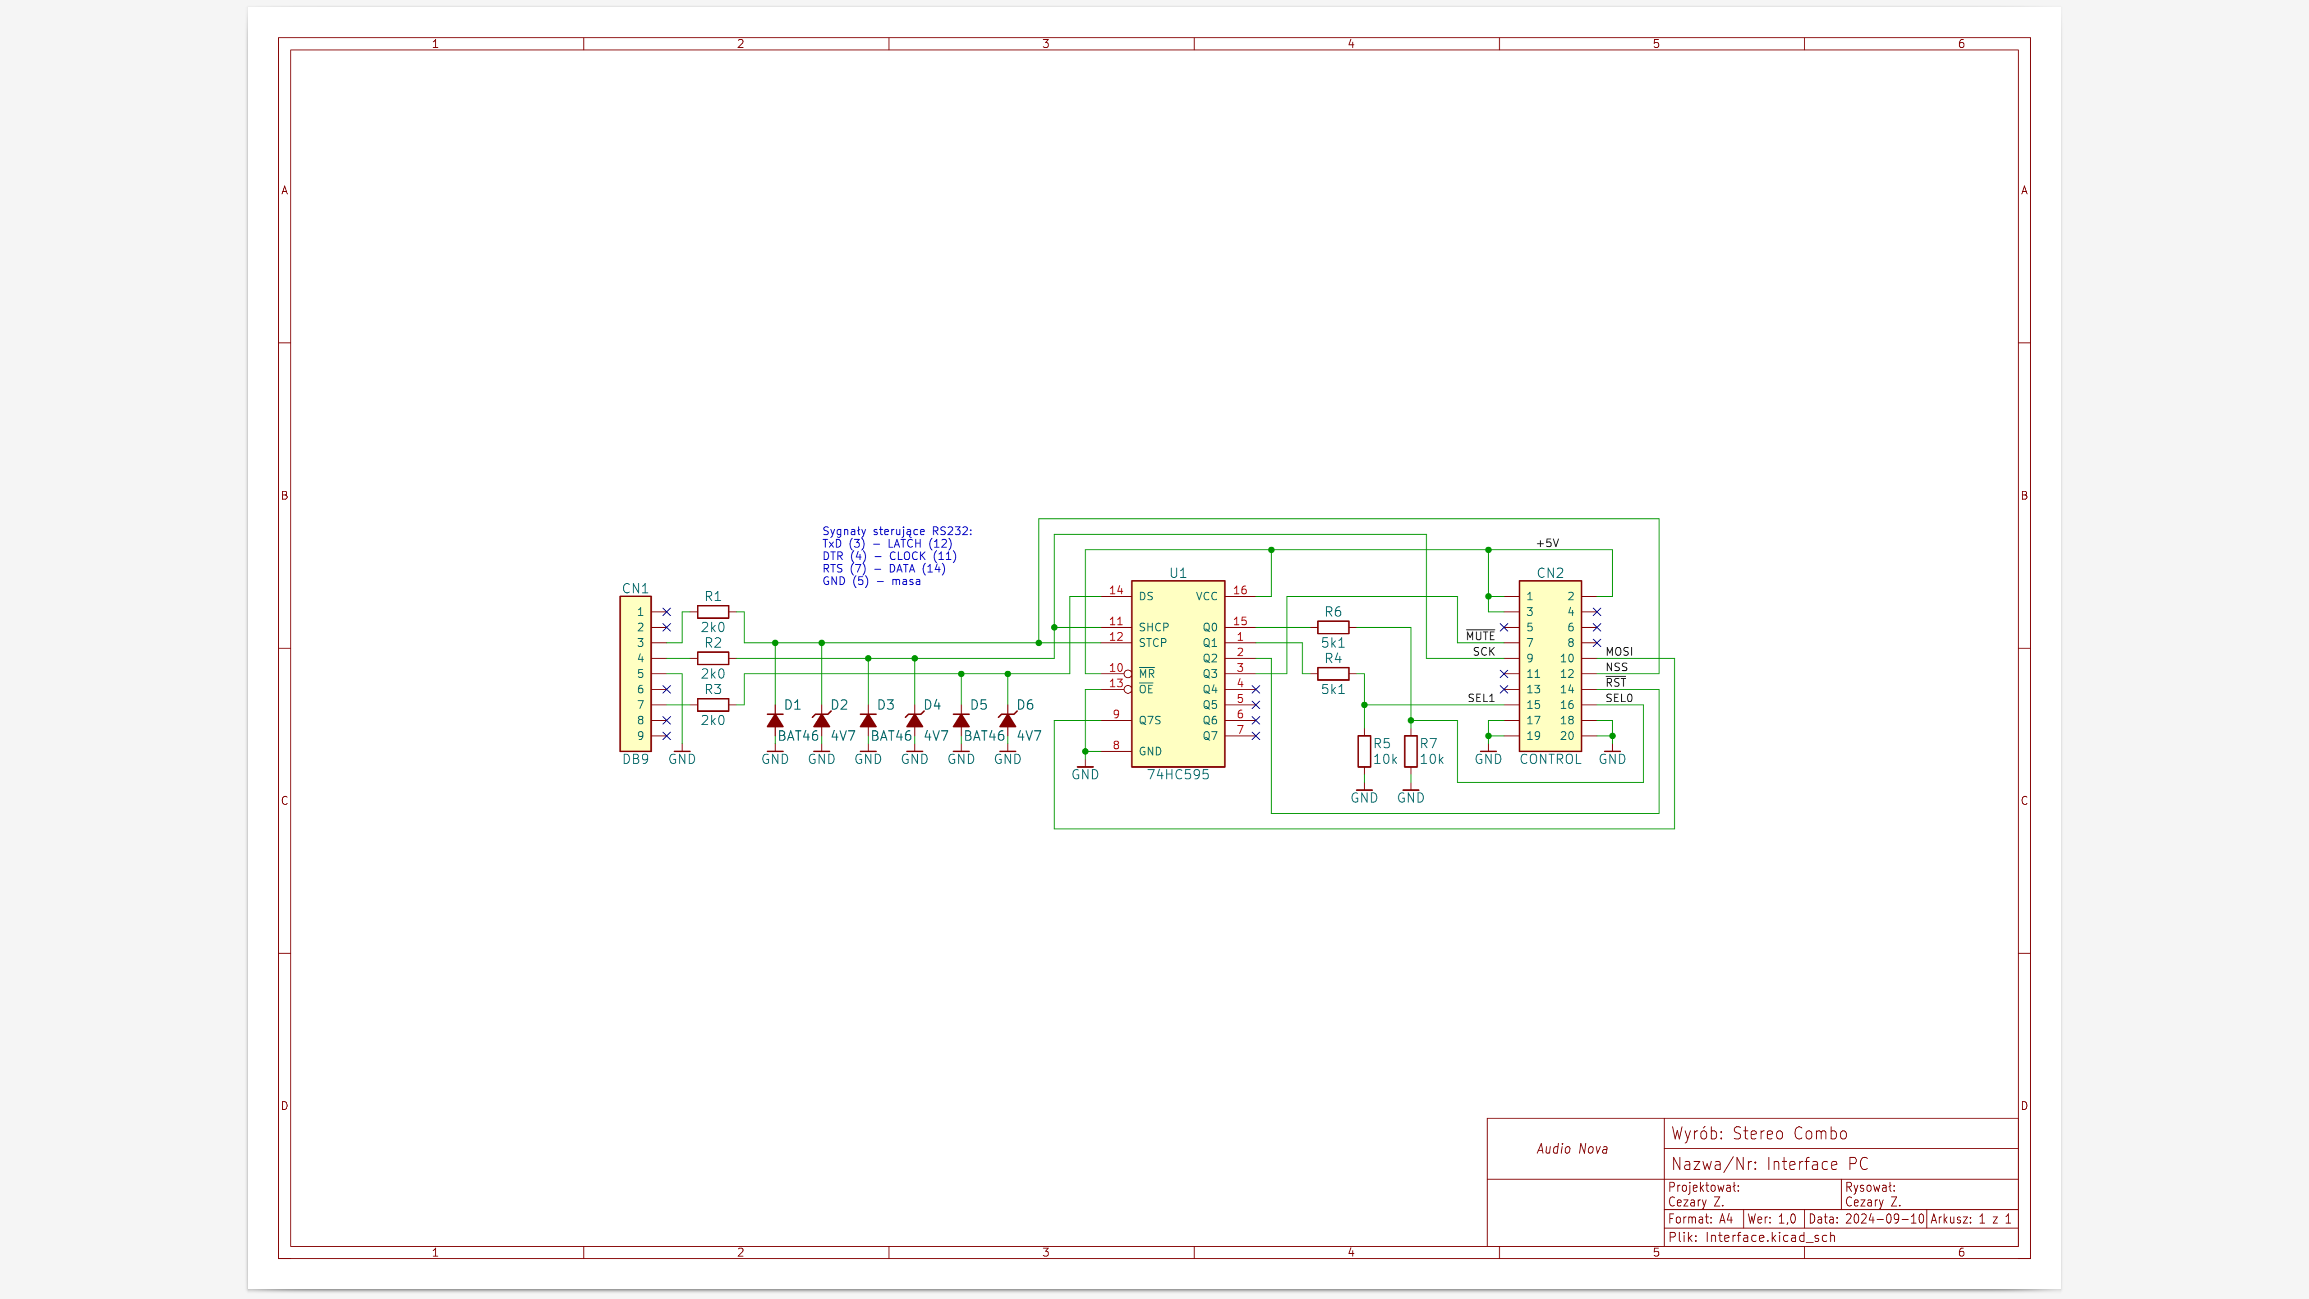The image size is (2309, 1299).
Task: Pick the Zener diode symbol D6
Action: point(1007,720)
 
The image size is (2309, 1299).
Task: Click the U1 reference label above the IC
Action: point(1178,573)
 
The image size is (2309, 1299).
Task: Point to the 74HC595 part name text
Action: point(1178,774)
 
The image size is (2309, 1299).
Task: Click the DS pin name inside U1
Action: point(1146,596)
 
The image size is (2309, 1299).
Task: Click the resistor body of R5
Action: point(1364,751)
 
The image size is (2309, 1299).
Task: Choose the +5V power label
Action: point(1547,543)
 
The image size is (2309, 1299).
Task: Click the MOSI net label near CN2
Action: point(1619,652)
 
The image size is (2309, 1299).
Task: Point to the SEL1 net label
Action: point(1481,698)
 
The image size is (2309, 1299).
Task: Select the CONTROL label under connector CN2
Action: point(1550,759)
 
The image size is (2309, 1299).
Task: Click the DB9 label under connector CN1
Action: point(635,759)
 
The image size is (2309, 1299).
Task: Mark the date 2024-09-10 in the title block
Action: point(1884,1219)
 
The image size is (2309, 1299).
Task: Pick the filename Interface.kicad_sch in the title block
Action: point(1770,1237)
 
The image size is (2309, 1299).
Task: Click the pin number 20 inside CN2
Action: point(1567,736)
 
